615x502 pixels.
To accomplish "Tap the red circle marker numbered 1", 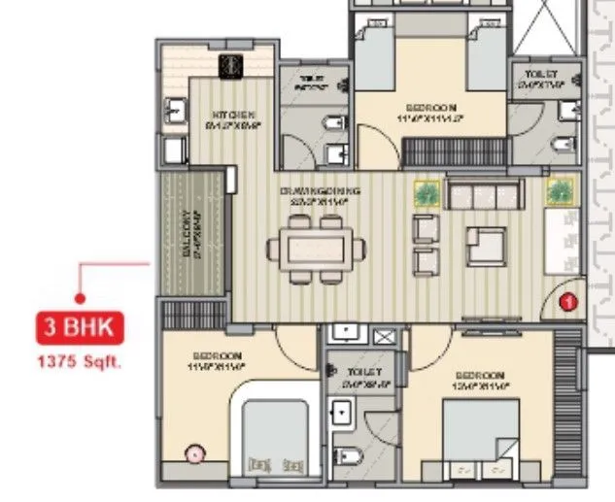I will pos(570,303).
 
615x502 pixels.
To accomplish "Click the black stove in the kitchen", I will pos(231,65).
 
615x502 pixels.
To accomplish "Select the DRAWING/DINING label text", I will pos(314,191).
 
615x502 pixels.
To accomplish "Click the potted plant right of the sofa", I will pos(559,192).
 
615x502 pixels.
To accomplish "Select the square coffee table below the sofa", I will pos(484,246).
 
